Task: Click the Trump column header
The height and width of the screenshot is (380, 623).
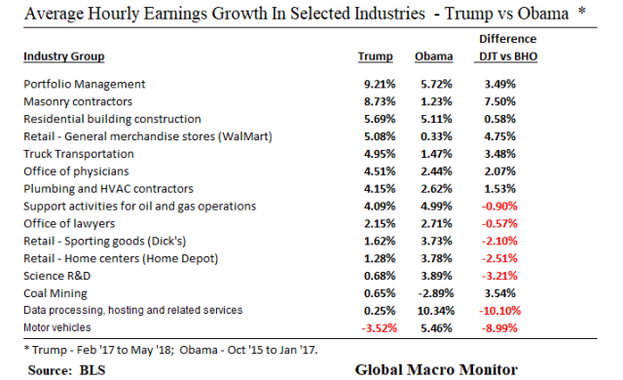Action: (376, 57)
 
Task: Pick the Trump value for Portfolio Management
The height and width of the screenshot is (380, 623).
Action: (376, 85)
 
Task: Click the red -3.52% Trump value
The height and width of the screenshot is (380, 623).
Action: (375, 327)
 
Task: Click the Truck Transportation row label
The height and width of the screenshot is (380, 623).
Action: (81, 153)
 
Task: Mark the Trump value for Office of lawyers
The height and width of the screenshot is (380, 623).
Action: (376, 223)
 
